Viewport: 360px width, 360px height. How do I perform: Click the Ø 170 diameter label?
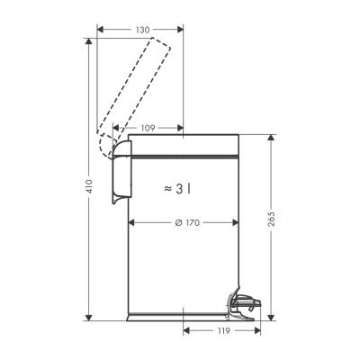click(184, 222)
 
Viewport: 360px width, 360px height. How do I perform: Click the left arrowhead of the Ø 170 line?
click(134, 222)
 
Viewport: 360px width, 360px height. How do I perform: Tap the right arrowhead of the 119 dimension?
click(256, 331)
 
